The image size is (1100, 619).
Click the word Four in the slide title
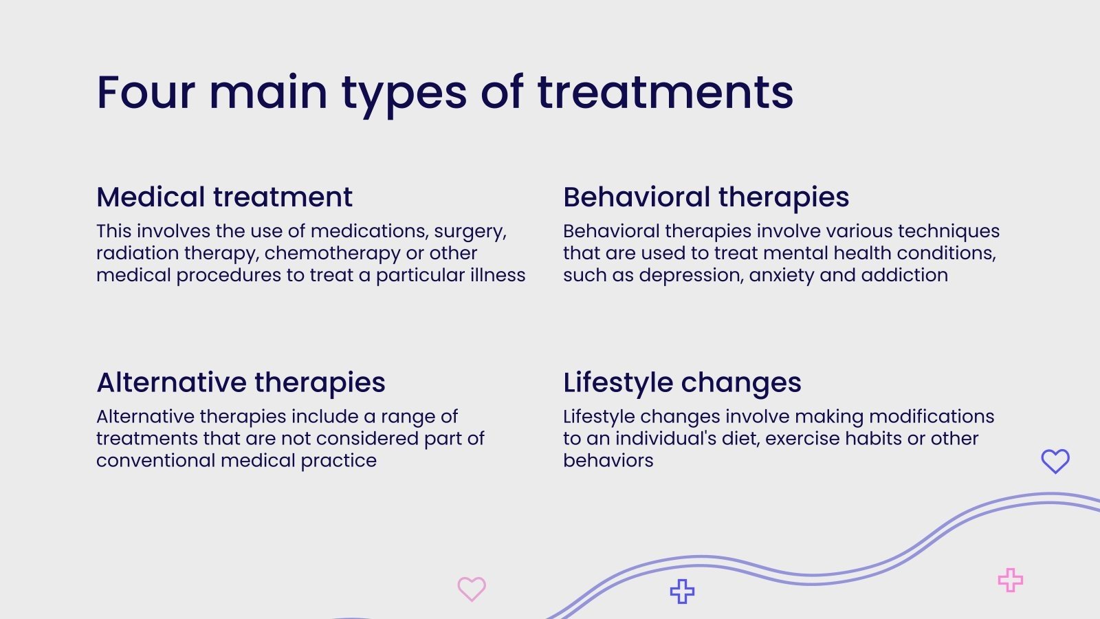(x=146, y=92)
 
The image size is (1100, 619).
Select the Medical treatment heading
(x=224, y=197)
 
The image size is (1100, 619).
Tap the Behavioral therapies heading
(x=706, y=198)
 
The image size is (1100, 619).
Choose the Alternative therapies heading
(x=241, y=383)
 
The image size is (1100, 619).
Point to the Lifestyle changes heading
(x=682, y=383)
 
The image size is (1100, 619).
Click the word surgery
(x=470, y=232)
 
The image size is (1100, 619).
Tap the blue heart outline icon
(x=1055, y=461)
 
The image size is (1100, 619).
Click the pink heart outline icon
(x=472, y=589)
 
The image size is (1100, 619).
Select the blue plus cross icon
(x=682, y=591)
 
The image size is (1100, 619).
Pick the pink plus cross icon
(x=1011, y=580)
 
